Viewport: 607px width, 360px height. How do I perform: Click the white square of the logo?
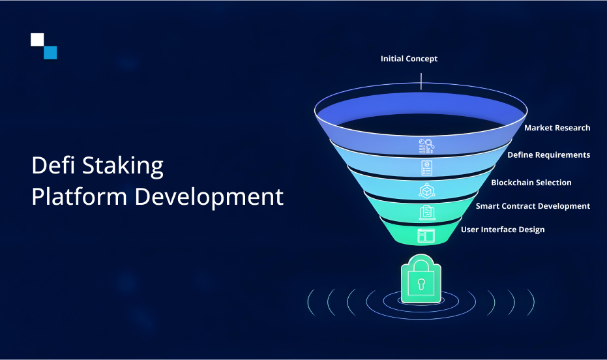coord(37,40)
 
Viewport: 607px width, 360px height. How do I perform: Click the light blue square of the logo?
coord(50,53)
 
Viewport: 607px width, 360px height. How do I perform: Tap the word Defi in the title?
coord(53,165)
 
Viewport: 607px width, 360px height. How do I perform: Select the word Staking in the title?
coord(123,166)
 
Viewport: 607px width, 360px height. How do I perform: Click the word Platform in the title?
coord(80,196)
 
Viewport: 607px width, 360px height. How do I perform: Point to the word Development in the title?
coord(209,198)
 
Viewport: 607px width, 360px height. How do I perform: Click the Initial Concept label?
coord(409,59)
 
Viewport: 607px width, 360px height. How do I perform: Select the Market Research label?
coord(557,128)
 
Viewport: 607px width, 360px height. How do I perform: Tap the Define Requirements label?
coord(548,155)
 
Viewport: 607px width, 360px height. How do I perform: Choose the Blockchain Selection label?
coord(531,183)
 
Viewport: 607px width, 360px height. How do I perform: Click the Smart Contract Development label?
coord(533,206)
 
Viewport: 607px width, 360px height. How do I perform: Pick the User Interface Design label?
coord(503,230)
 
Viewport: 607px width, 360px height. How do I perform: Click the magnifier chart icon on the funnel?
coord(426,146)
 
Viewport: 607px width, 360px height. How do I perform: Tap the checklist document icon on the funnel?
coord(426,168)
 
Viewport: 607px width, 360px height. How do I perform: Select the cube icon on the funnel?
coord(426,191)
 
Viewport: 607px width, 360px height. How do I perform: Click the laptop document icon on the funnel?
coord(427,213)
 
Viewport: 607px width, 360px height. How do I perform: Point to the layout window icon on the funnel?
coord(426,235)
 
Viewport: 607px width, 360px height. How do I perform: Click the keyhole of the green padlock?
coord(421,284)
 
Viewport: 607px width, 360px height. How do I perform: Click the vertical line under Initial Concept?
coord(421,82)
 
